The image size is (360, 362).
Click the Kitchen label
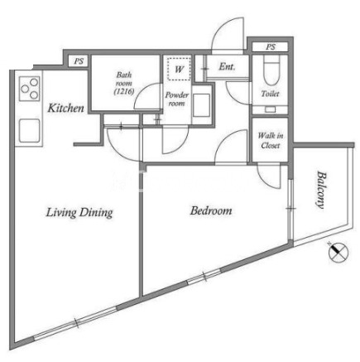tap(65, 108)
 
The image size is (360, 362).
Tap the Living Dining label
tap(79, 213)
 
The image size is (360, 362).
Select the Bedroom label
tap(211, 210)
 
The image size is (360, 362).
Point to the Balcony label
tap(321, 190)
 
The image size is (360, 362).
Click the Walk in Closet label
tap(271, 140)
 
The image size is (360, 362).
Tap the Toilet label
tap(270, 94)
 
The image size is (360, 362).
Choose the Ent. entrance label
tap(227, 66)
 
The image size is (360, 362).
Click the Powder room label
tap(176, 99)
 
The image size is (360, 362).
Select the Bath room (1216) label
tap(124, 83)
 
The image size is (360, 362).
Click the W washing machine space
tap(179, 69)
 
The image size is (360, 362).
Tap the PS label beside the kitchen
tap(79, 61)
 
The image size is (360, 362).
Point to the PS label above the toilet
tap(271, 47)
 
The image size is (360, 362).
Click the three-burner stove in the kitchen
tap(30, 89)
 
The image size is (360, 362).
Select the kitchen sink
tap(29, 130)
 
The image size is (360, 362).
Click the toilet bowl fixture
tap(271, 71)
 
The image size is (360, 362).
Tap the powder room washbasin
tap(201, 105)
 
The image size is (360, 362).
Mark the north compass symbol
tap(339, 252)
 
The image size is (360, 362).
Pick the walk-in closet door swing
tap(269, 176)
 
